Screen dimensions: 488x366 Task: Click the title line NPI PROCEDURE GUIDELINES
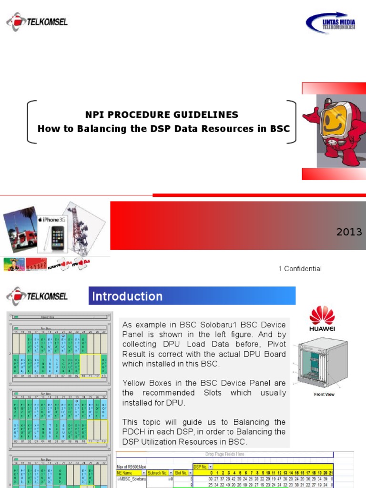coord(162,115)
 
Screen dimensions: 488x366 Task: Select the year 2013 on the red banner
coord(349,233)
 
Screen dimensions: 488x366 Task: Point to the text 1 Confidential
coord(300,269)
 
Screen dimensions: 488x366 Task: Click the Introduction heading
coord(127,296)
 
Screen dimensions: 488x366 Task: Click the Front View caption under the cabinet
coord(324,394)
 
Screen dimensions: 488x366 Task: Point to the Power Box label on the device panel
coord(60,316)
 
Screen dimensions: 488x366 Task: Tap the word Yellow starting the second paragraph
coord(134,383)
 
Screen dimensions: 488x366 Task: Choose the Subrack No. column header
coord(158,473)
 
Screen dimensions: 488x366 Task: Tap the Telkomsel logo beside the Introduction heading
coord(37,296)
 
